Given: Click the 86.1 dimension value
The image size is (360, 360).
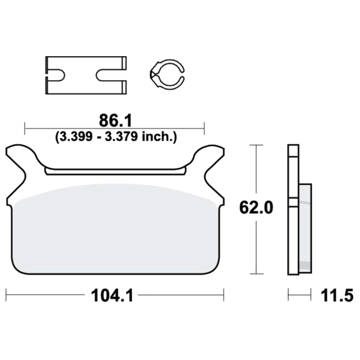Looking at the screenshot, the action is point(116,121).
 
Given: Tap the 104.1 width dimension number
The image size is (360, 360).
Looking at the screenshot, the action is point(112,296).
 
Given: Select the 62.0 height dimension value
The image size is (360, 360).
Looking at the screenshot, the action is point(256,207).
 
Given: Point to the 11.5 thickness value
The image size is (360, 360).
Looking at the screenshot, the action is point(337,296).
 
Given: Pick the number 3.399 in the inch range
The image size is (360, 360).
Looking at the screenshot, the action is point(76,137).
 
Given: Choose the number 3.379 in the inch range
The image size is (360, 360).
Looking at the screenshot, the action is point(121,137).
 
